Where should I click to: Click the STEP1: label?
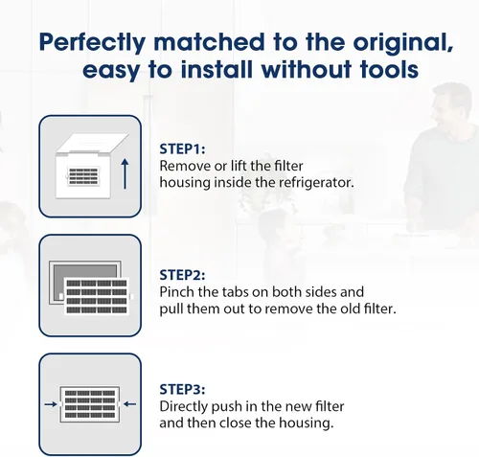[x=182, y=149]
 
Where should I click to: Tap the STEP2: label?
[x=182, y=275]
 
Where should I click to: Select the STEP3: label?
[x=182, y=389]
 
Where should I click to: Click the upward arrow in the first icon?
[x=125, y=173]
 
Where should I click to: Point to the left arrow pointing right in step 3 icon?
[x=51, y=404]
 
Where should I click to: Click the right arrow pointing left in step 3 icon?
[x=129, y=404]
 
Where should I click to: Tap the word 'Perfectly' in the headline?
[x=92, y=43]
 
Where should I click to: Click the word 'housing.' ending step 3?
[x=307, y=423]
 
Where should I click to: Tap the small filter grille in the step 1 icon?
[x=83, y=176]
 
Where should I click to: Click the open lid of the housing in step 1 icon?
[x=93, y=144]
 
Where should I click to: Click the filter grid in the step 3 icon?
[x=90, y=404]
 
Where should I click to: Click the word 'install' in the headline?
[x=217, y=69]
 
